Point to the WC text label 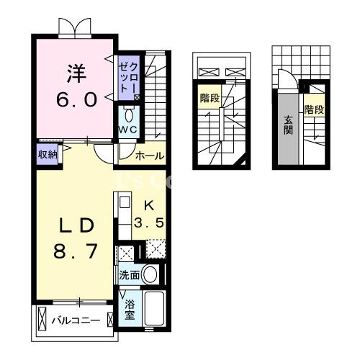tap(128, 129)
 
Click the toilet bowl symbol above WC tap(128, 114)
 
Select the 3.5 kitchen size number tap(150, 222)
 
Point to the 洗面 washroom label tap(129, 274)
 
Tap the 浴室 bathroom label tap(130, 310)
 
